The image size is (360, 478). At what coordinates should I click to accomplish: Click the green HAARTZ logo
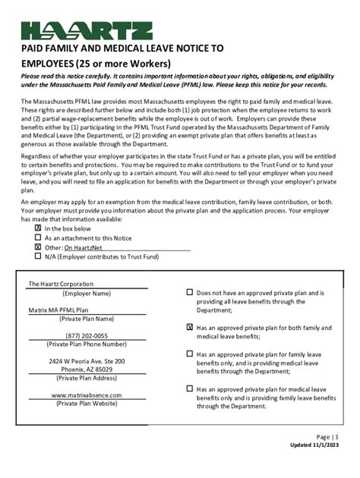coord(87,30)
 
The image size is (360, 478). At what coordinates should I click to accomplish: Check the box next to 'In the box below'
coord(38,228)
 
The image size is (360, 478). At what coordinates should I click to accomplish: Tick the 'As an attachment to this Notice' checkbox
coord(38,237)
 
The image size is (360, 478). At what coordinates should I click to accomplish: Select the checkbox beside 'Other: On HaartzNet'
coord(38,247)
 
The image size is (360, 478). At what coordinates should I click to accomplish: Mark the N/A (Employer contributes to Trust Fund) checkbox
coord(38,256)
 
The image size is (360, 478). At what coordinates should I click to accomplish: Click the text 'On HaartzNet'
coord(84,247)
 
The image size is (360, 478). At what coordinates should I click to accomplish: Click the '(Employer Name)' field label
coord(87,293)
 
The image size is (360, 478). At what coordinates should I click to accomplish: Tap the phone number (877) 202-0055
coord(87,335)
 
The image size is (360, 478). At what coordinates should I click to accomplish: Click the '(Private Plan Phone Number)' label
coord(87,344)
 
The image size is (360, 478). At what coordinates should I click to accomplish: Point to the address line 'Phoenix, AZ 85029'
coord(87,370)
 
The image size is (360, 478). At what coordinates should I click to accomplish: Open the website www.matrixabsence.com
coord(87,395)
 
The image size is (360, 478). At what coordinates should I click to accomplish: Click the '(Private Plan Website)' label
coord(87,404)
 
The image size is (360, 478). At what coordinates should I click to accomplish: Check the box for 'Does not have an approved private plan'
coord(190,292)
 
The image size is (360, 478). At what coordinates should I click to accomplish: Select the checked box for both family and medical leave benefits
coord(190,327)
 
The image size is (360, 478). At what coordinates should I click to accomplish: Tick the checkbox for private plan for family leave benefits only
coord(190,354)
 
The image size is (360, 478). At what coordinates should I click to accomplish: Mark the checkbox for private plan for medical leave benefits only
coord(190,388)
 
